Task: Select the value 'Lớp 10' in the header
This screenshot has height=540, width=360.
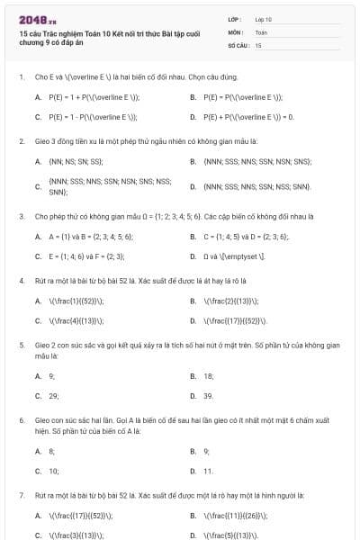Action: (263, 18)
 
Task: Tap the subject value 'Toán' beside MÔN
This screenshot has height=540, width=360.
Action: (261, 31)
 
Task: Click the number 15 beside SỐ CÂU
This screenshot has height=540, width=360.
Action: (258, 44)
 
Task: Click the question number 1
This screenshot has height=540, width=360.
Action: (21, 77)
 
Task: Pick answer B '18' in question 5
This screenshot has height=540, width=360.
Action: (208, 376)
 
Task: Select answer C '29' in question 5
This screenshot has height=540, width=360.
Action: (53, 395)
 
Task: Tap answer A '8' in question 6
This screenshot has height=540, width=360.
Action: (51, 451)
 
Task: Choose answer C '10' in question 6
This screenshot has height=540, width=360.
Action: (53, 471)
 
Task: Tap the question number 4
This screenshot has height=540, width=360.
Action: (21, 281)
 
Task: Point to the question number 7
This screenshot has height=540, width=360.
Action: (21, 495)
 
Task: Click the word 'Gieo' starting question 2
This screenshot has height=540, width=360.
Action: (42, 141)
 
